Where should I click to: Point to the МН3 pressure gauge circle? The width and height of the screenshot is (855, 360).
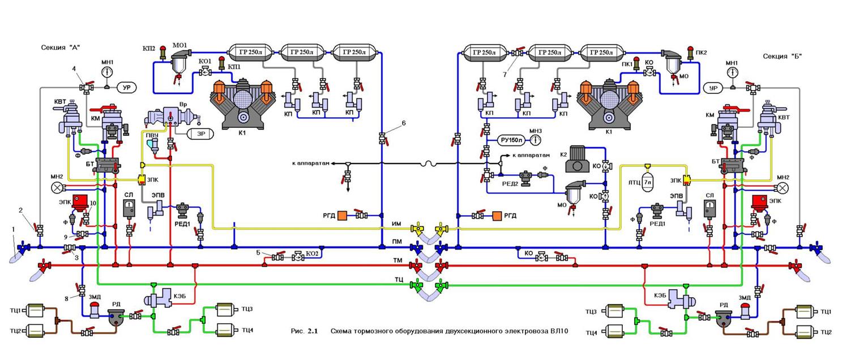click(x=535, y=140)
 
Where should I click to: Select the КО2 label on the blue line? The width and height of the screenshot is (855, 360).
click(x=310, y=252)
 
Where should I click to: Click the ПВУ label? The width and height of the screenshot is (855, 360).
click(x=152, y=136)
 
